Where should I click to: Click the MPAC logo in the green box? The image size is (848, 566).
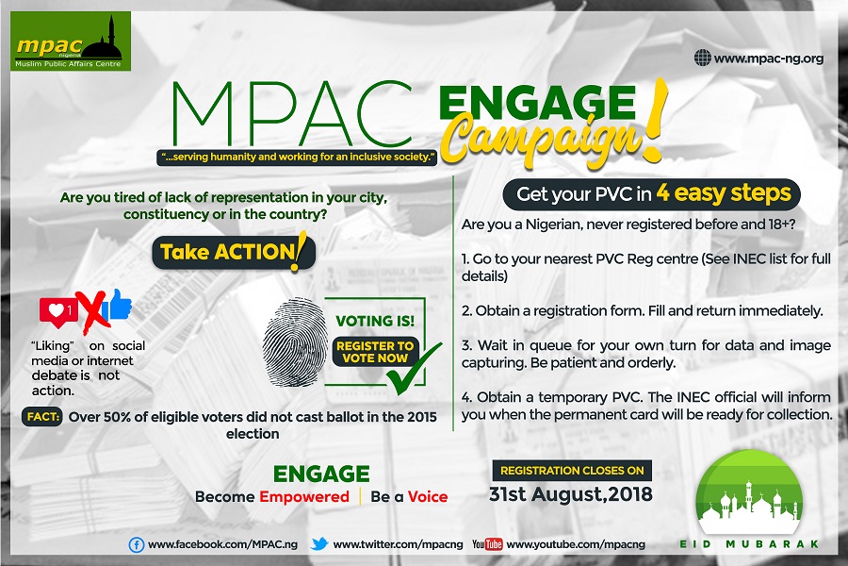point(71,42)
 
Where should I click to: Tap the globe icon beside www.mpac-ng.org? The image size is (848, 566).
point(702,58)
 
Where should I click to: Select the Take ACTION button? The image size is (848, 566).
point(234,252)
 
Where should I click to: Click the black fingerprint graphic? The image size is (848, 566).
point(295,341)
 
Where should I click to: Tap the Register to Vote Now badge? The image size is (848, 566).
point(374,352)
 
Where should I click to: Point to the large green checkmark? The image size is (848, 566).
point(414,368)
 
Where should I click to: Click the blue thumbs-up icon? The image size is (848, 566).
point(120,304)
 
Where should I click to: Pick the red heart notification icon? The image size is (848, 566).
point(58,312)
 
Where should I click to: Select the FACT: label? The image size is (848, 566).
point(42,417)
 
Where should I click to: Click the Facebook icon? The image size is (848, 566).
point(137,544)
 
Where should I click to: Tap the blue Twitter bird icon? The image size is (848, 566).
point(319,543)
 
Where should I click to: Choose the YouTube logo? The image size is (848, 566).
point(487,543)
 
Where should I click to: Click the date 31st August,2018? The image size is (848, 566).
point(571,494)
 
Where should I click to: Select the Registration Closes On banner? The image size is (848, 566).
point(572,470)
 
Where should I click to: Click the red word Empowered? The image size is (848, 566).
point(304,497)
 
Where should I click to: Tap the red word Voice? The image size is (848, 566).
point(427,497)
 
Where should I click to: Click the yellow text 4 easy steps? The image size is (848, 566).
point(724,192)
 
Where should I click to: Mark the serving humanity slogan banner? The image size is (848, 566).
point(297,158)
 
